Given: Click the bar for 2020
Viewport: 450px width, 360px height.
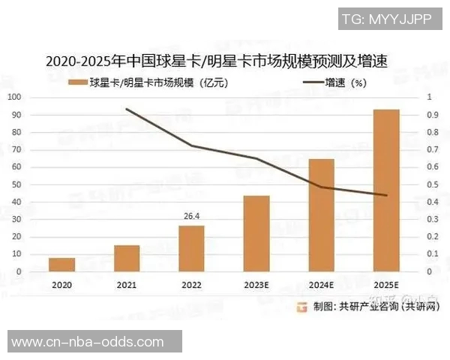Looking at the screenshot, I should [62, 264].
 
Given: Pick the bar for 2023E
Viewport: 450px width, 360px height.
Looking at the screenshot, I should [256, 233].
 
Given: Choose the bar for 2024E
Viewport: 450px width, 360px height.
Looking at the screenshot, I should [321, 214].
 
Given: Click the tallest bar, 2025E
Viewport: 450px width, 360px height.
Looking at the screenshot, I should [386, 190].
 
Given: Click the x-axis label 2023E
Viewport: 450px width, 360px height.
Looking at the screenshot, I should [256, 285].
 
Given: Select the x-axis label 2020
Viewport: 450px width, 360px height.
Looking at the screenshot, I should [62, 285].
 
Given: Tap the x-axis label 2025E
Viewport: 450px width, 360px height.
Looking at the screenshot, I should [386, 285].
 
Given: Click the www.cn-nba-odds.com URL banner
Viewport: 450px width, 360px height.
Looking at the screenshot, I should [90, 342].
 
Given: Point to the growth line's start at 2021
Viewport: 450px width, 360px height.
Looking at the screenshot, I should [127, 109].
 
